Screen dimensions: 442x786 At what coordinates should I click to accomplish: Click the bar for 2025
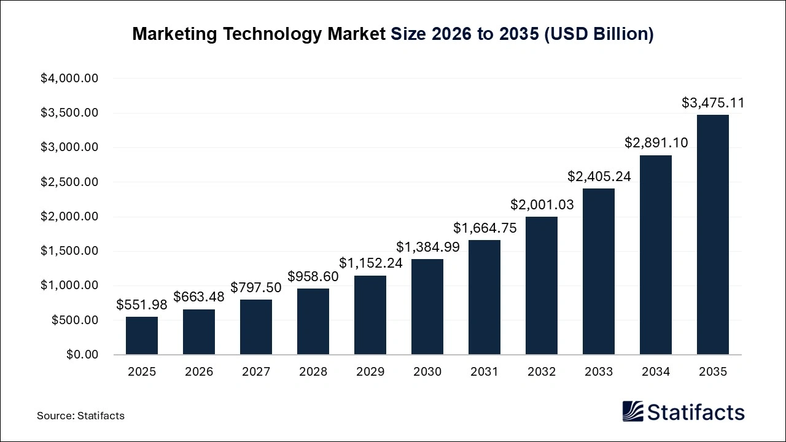pyautogui.click(x=142, y=336)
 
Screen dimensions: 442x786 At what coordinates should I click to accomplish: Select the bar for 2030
pyautogui.click(x=427, y=307)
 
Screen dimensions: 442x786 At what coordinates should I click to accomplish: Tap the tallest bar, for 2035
pyautogui.click(x=713, y=235)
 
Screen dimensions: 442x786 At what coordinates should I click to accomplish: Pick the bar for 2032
pyautogui.click(x=542, y=285)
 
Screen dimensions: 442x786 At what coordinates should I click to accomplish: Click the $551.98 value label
pyautogui.click(x=142, y=304)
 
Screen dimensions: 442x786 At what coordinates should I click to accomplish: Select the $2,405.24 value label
pyautogui.click(x=599, y=177)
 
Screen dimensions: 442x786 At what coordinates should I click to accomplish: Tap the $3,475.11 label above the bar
pyautogui.click(x=713, y=103)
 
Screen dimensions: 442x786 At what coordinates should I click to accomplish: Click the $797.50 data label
pyautogui.click(x=256, y=287)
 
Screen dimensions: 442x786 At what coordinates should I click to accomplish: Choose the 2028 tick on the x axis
pyautogui.click(x=313, y=372)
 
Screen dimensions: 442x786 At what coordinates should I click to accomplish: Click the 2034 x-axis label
pyautogui.click(x=656, y=372)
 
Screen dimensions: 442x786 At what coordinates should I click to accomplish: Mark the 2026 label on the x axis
pyautogui.click(x=199, y=372)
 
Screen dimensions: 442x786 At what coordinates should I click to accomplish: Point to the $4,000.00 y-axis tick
pyautogui.click(x=69, y=79)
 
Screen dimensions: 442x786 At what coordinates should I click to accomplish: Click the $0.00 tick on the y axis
pyautogui.click(x=82, y=355)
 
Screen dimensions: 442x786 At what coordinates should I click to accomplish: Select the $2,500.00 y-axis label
pyautogui.click(x=69, y=182)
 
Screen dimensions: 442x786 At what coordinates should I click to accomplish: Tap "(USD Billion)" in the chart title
pyautogui.click(x=599, y=34)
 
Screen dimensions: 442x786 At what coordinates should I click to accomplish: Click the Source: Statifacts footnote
pyautogui.click(x=80, y=416)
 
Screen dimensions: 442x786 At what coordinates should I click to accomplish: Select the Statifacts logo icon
pyautogui.click(x=633, y=411)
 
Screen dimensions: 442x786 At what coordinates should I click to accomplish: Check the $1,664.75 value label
pyautogui.click(x=484, y=228)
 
